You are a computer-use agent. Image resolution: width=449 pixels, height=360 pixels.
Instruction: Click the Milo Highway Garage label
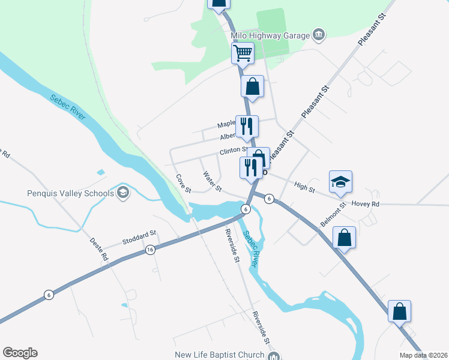270,35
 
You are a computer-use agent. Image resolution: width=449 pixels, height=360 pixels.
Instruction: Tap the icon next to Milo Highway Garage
319,35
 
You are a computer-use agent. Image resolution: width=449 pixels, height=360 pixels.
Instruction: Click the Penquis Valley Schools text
70,193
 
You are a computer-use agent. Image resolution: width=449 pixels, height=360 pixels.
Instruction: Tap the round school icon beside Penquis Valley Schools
123,193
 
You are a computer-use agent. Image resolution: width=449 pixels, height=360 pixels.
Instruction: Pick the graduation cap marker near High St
340,182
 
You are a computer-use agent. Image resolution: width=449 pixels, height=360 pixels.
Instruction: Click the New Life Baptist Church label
219,355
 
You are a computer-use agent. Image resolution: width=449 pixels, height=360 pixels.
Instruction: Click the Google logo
20,353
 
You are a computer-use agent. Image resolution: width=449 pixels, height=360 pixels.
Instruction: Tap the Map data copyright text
424,355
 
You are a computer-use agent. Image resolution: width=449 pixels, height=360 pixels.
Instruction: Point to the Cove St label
183,184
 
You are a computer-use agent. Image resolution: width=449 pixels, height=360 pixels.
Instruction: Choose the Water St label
212,182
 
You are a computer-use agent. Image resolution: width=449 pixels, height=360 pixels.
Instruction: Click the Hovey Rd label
366,204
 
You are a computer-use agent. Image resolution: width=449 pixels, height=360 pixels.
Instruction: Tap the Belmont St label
334,215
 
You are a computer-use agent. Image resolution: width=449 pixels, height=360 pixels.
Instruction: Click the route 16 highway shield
150,250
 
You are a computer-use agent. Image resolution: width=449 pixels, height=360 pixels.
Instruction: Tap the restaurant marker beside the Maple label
247,126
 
